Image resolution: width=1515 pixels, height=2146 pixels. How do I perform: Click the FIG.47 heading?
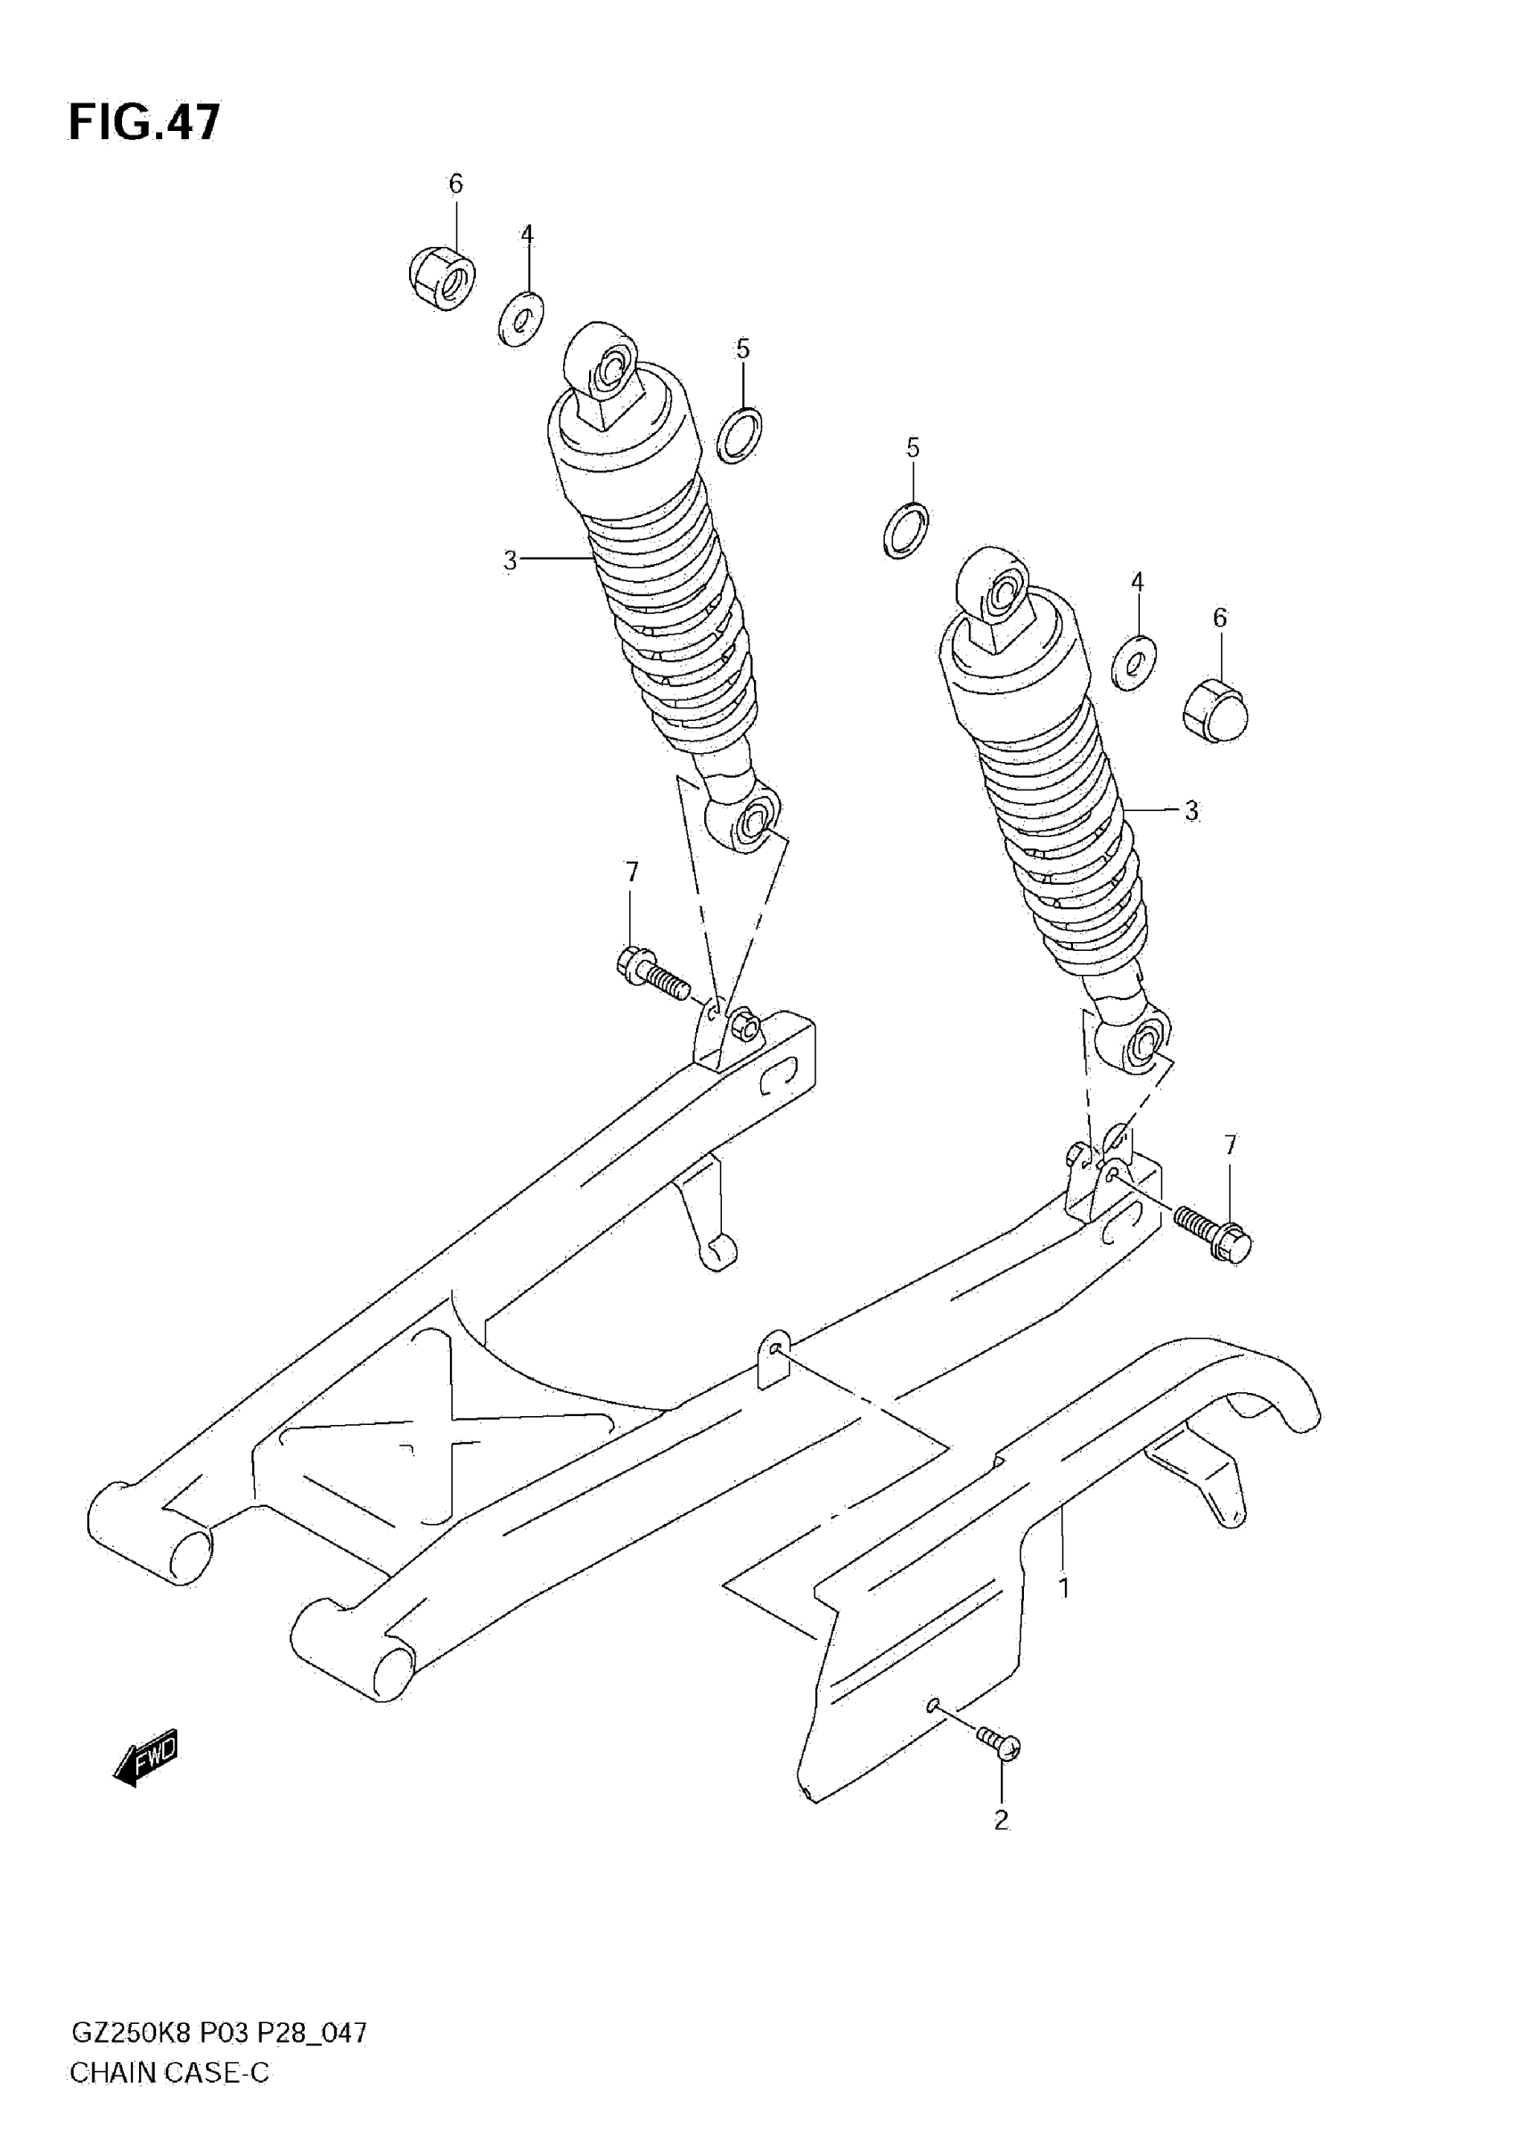pyautogui.click(x=145, y=122)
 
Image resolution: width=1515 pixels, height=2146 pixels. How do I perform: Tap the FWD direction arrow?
pyautogui.click(x=146, y=1758)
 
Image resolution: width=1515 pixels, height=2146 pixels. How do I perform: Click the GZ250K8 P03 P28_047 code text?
pyautogui.click(x=218, y=2058)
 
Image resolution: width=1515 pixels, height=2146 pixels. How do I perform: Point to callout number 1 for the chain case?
pyautogui.click(x=1062, y=1586)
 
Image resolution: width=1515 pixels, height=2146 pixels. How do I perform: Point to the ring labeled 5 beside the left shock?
pyautogui.click(x=739, y=435)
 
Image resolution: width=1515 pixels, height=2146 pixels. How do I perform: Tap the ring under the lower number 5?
pyautogui.click(x=905, y=530)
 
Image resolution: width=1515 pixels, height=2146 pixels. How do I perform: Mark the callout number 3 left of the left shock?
pyautogui.click(x=510, y=560)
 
